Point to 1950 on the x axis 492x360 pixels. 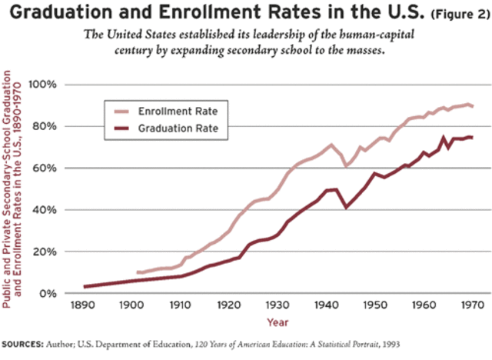[375, 306]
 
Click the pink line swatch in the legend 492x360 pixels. [120, 112]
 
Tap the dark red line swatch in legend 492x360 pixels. [120, 129]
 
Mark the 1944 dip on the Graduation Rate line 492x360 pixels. [346, 207]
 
